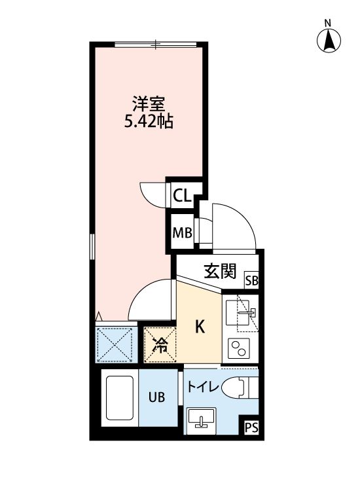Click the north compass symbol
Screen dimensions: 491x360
329,41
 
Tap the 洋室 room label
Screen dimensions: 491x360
148,103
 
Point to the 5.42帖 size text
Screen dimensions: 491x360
149,121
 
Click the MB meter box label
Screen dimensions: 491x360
181,232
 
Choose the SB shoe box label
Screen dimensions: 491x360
251,282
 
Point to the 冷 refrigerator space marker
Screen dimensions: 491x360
159,345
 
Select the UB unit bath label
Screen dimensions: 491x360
156,397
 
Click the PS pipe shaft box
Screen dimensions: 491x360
251,427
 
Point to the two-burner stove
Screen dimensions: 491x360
240,348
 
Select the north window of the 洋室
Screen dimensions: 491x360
155,45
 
